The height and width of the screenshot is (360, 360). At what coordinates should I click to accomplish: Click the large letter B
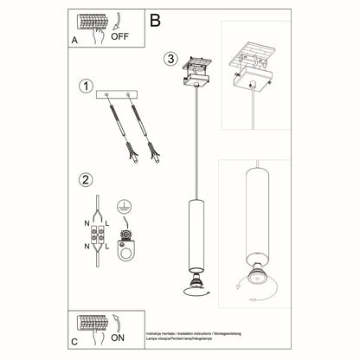[155, 18]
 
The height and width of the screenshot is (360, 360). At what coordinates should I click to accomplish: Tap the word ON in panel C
[120, 339]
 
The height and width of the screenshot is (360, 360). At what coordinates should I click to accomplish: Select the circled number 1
[85, 87]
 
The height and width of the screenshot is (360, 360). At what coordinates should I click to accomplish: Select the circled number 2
[85, 181]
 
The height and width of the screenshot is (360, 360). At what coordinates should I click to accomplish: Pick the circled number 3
[171, 60]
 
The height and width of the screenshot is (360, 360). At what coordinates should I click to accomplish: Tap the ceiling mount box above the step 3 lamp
[196, 79]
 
